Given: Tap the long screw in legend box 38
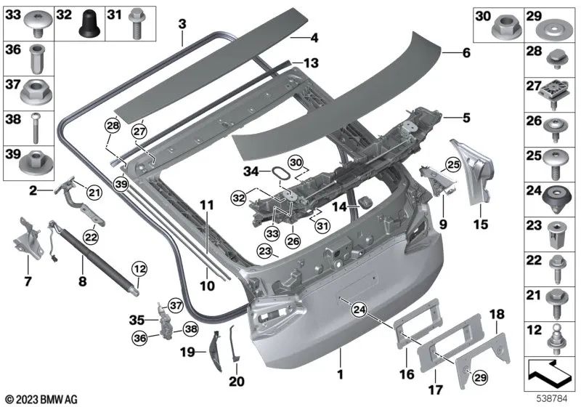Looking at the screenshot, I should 34,129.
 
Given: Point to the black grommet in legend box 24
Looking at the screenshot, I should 554,197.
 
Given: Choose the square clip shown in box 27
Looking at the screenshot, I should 554,91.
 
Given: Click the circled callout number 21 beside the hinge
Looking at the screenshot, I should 93,192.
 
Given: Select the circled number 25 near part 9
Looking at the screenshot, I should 452,164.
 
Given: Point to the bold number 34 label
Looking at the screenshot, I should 251,171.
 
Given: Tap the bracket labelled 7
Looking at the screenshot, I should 25,239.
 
